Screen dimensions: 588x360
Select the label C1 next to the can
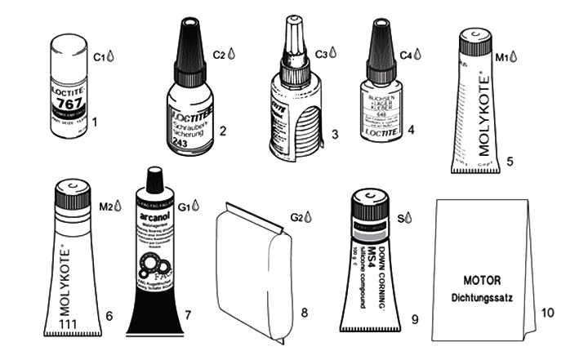100,57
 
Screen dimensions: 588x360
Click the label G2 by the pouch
297,216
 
